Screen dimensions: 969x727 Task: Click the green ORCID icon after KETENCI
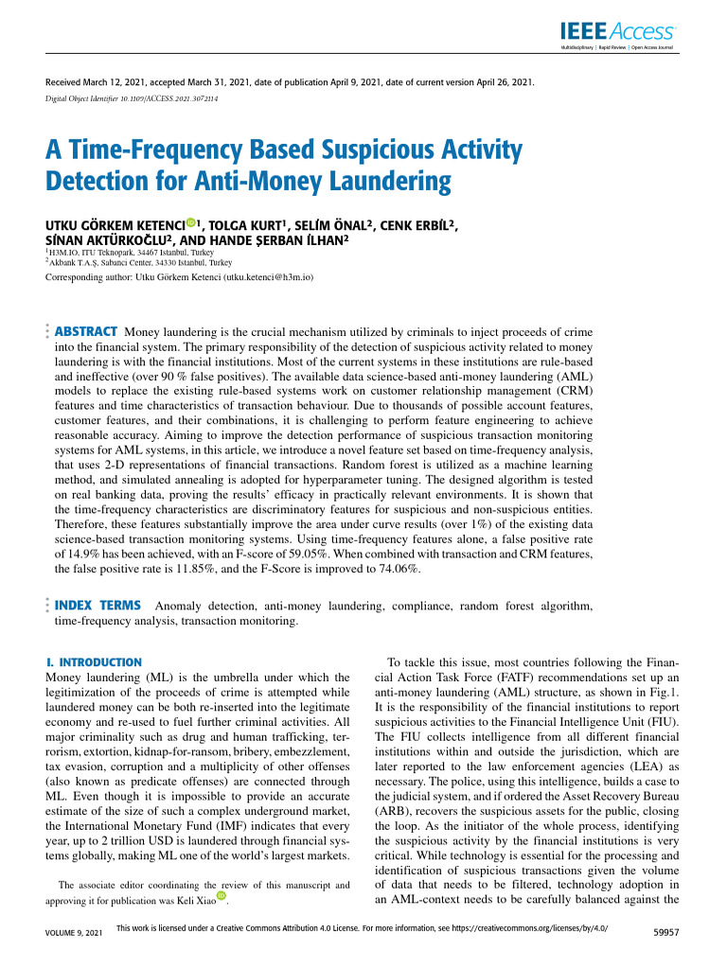tap(190, 223)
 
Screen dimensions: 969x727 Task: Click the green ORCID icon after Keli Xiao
tap(222, 896)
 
